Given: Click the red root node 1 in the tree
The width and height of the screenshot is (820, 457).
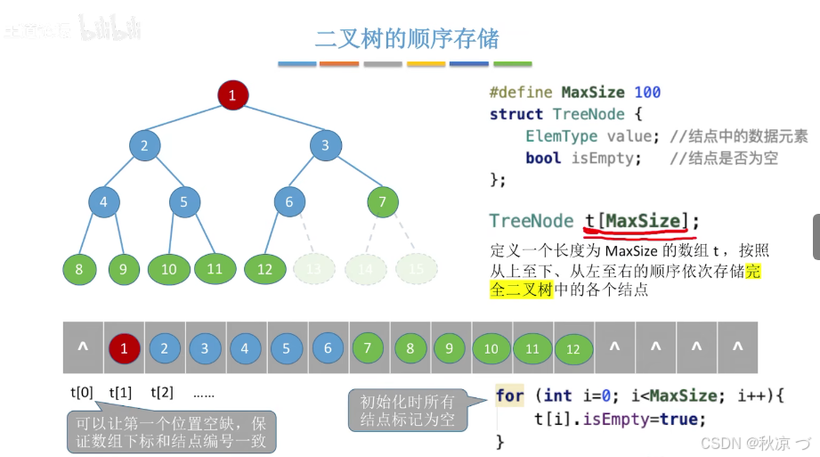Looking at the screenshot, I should click(x=232, y=95).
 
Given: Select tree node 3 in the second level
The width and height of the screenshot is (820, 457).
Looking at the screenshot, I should click(x=325, y=146).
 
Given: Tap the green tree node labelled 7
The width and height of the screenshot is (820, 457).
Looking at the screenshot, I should click(x=382, y=202).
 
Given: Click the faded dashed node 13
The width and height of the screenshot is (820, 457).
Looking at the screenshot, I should click(x=313, y=269).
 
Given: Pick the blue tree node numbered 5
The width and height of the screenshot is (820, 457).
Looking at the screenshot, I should click(x=184, y=202).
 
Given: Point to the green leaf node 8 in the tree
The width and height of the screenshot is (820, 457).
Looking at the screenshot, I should click(x=79, y=269).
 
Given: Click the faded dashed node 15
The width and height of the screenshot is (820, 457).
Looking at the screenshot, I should click(x=416, y=269).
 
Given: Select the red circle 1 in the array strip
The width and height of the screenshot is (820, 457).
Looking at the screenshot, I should click(x=125, y=348).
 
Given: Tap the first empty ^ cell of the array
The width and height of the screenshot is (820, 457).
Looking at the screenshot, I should click(x=83, y=348).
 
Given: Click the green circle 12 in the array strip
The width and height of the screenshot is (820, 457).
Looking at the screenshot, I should click(x=573, y=349).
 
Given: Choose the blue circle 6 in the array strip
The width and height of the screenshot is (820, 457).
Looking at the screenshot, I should click(x=328, y=348).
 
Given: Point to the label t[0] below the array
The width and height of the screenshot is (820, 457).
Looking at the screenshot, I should click(x=82, y=392).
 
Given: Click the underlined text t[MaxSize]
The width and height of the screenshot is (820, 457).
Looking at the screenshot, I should click(x=636, y=222).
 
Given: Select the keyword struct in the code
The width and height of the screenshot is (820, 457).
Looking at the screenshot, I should click(x=516, y=114).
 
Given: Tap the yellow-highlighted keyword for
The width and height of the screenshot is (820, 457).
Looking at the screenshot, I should click(x=510, y=396).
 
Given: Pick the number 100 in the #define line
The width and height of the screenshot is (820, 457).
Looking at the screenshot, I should click(x=647, y=93).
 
